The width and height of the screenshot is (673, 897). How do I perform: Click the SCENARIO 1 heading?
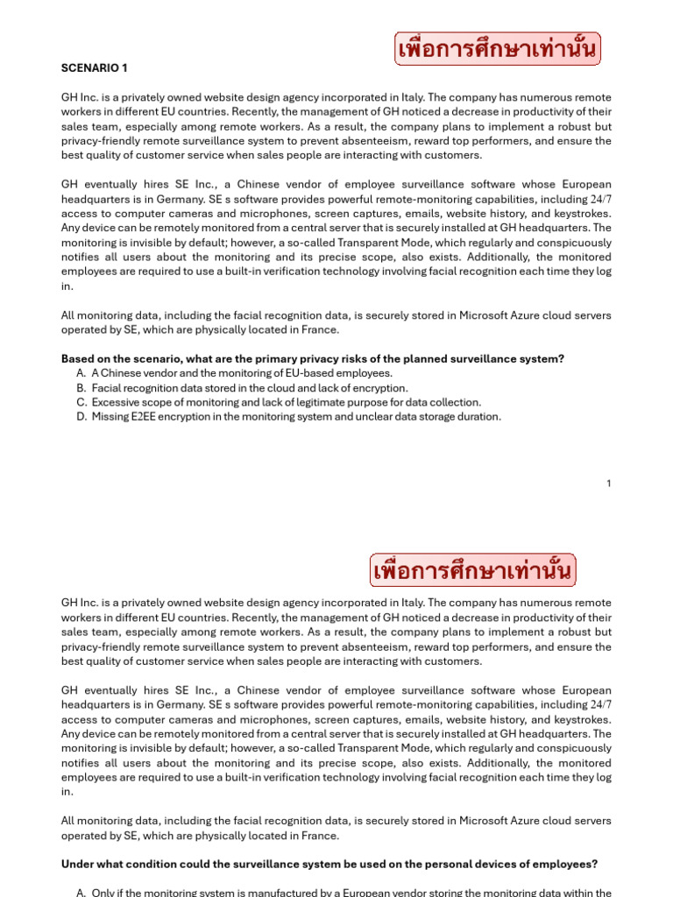tap(94, 67)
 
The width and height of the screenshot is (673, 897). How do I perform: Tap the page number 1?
tap(608, 484)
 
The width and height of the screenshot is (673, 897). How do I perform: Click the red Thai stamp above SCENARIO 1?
tap(498, 49)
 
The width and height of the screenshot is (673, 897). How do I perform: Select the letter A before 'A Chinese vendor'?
tap(81, 373)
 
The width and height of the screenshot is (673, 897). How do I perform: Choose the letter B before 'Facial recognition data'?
tap(81, 388)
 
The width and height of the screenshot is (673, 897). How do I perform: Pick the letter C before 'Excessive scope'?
tap(81, 402)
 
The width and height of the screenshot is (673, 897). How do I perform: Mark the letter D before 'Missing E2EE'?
tap(81, 417)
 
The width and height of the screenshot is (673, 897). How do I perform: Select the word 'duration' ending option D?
tap(478, 417)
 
